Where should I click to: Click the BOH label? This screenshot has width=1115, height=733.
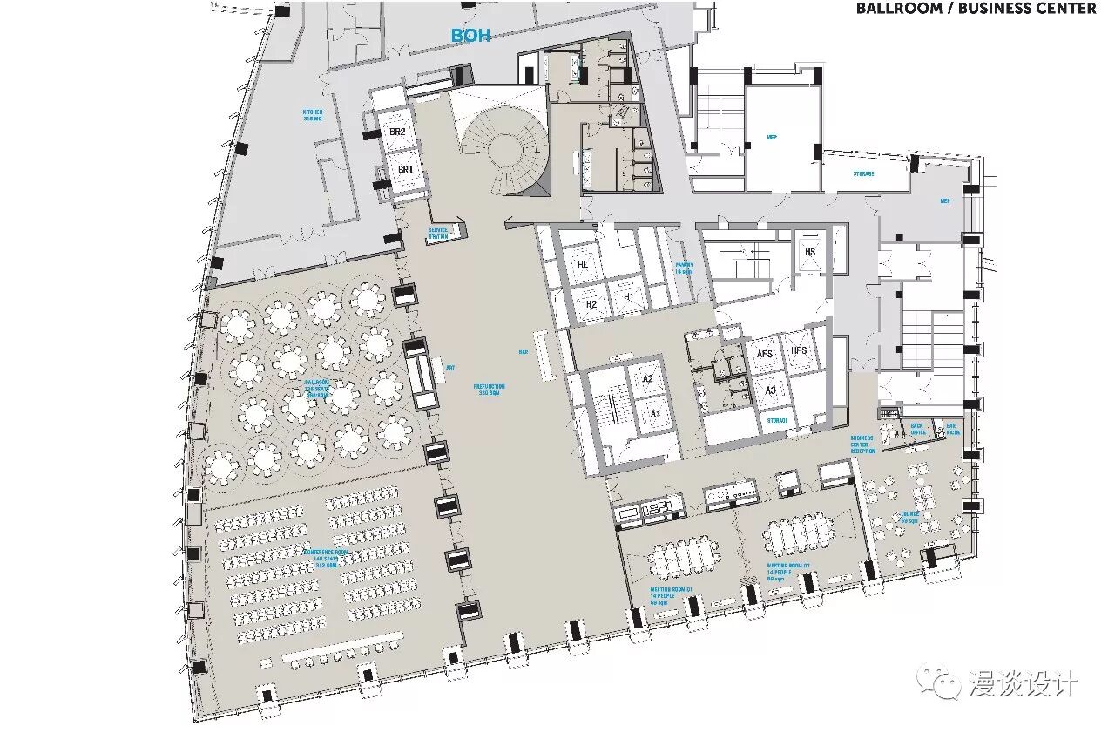point(470,36)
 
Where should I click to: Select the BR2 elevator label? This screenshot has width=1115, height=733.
point(397,132)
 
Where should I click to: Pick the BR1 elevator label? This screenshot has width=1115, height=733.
point(405,169)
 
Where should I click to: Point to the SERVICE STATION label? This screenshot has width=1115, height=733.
point(438,234)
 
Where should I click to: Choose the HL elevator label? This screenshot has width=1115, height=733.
point(583,264)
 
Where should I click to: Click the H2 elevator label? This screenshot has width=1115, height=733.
point(591,304)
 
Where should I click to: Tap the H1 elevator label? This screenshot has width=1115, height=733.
point(628,297)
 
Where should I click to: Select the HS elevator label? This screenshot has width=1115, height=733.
point(810,253)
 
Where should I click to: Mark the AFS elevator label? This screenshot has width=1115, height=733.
point(765,352)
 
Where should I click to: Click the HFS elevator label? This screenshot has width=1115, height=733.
point(799,350)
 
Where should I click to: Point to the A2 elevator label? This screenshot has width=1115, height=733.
point(647,379)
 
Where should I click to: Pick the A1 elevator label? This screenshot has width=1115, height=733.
point(655,413)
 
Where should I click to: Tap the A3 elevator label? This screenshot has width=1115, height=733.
point(770,391)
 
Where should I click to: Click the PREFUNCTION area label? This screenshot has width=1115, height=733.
point(489,390)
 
